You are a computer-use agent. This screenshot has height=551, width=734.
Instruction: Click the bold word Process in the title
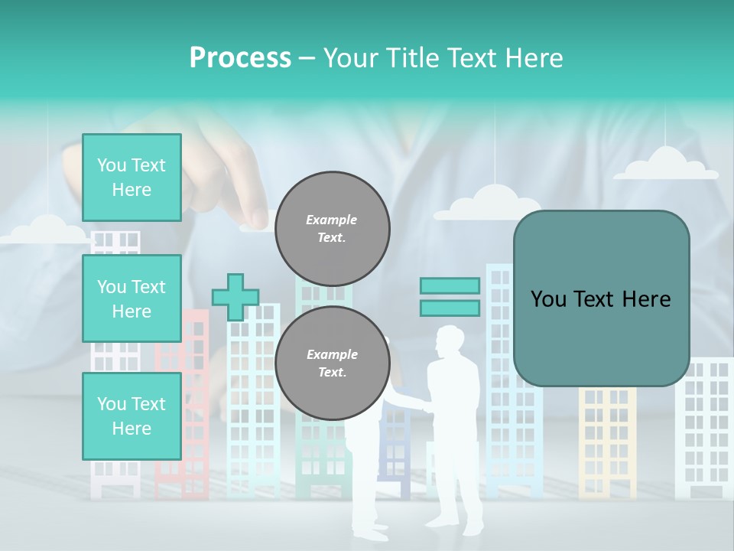pyautogui.click(x=240, y=57)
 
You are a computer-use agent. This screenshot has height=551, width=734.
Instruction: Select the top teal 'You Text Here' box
pyautogui.click(x=132, y=178)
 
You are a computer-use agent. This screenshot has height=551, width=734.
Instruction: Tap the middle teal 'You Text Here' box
pyautogui.click(x=132, y=298)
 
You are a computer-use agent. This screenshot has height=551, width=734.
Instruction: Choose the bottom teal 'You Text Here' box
pyautogui.click(x=132, y=416)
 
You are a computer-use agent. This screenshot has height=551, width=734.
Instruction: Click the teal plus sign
pyautogui.click(x=235, y=297)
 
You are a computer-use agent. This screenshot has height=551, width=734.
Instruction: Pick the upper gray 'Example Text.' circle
pyautogui.click(x=332, y=229)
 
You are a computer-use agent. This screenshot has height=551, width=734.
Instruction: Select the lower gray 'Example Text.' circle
pyautogui.click(x=332, y=364)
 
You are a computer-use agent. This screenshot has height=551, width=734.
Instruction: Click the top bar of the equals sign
pyautogui.click(x=450, y=286)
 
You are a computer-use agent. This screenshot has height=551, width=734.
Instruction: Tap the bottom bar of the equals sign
pyautogui.click(x=450, y=308)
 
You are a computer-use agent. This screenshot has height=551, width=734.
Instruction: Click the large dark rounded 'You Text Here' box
pyautogui.click(x=601, y=298)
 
